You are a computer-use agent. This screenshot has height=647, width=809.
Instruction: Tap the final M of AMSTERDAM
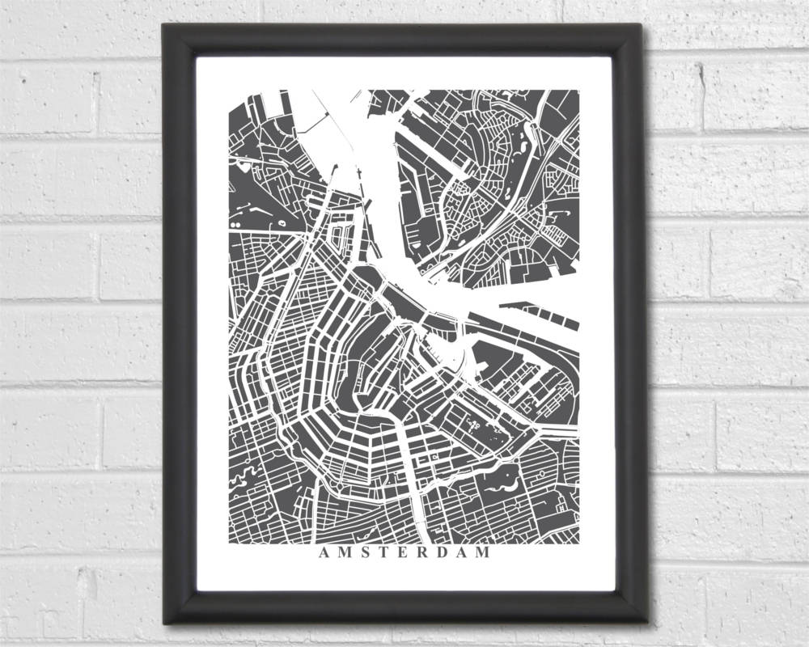click(483, 553)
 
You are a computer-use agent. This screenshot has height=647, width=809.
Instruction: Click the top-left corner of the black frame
click(164, 25)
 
